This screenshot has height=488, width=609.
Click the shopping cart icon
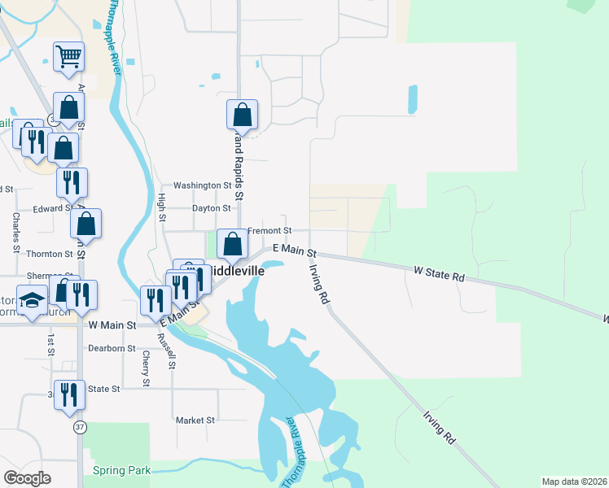(x=69, y=57)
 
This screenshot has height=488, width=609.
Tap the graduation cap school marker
(x=33, y=302)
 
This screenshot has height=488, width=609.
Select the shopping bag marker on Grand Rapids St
(x=242, y=115)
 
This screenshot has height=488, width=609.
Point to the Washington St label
(x=202, y=185)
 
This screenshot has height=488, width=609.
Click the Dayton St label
(x=211, y=208)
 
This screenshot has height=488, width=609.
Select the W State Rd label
(x=439, y=273)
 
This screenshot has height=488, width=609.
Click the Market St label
(x=195, y=420)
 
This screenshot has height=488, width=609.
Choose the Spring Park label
(x=121, y=470)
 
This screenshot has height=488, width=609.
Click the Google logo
(x=27, y=477)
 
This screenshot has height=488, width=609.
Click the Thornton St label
(x=50, y=254)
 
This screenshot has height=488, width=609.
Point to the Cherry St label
(x=146, y=368)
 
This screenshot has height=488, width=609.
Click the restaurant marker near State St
(x=69, y=395)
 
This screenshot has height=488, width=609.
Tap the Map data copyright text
(x=574, y=481)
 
